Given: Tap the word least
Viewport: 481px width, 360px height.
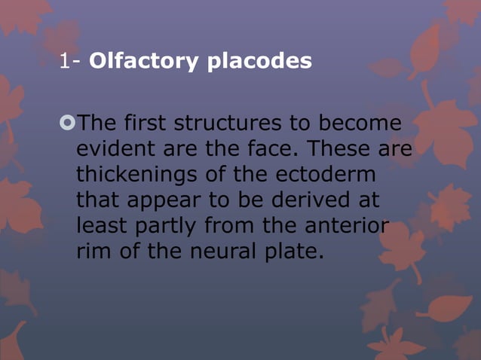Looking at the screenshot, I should coord(100,225).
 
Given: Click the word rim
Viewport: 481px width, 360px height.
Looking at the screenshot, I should coord(93,251).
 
